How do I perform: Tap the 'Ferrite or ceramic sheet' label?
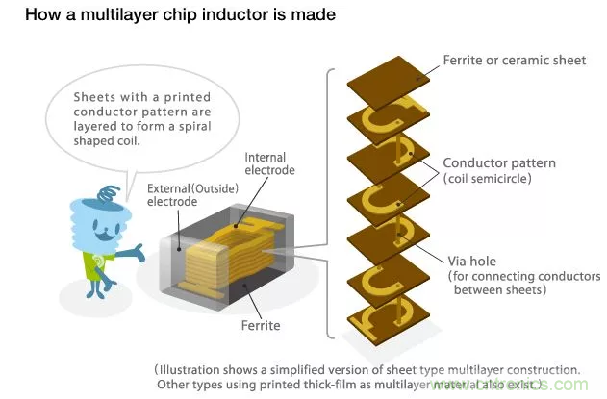coord(514,61)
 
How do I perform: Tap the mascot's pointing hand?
coord(140,253)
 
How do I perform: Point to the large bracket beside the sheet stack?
coord(332,202)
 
